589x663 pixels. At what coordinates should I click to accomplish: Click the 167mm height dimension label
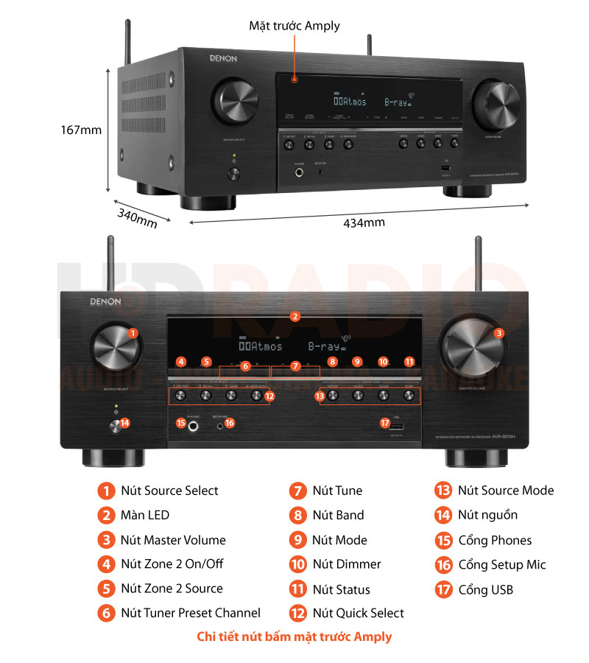click(81, 130)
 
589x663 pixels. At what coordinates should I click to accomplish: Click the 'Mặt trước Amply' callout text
click(294, 26)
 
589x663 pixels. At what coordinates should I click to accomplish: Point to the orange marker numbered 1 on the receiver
click(133, 333)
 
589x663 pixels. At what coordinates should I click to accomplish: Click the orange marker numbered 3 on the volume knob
click(499, 333)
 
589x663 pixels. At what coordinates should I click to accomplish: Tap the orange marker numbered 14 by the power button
click(124, 423)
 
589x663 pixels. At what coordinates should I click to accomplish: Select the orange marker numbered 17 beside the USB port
click(384, 423)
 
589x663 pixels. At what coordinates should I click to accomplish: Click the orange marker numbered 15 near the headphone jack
click(180, 423)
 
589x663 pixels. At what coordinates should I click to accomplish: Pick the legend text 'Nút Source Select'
click(169, 491)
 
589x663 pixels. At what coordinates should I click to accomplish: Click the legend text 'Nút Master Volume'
click(173, 540)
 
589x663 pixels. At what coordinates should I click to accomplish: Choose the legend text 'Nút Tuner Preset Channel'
click(191, 613)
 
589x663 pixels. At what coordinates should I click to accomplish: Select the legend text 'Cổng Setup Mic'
click(502, 565)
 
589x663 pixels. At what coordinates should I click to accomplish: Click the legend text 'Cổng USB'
click(485, 589)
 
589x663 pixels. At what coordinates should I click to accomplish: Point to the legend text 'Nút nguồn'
click(487, 515)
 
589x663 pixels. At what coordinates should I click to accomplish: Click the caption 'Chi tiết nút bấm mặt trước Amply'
click(294, 636)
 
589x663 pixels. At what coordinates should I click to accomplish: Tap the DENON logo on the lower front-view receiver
click(107, 301)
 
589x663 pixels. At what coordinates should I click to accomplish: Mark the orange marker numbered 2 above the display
click(294, 317)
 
